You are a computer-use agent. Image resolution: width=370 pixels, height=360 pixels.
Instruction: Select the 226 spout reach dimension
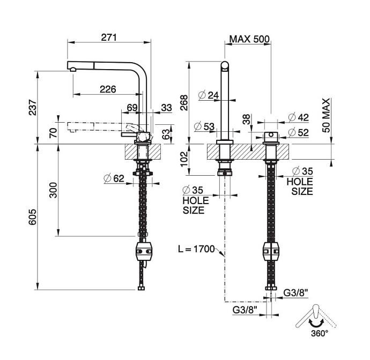[x=108, y=89]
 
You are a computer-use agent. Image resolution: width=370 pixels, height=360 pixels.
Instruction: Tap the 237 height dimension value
[x=32, y=108]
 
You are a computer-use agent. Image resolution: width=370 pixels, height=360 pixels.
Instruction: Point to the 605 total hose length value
[x=32, y=217]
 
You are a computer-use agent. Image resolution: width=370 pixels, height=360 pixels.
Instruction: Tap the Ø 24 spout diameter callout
[x=209, y=95]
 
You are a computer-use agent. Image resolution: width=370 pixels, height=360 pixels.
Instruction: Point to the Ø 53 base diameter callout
[x=205, y=126]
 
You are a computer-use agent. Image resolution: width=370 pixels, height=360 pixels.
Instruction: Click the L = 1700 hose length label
[x=196, y=249]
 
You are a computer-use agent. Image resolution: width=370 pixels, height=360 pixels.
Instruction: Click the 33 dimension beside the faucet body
[x=166, y=108]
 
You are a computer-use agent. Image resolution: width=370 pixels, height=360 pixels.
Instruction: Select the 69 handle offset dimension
[x=132, y=108]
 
